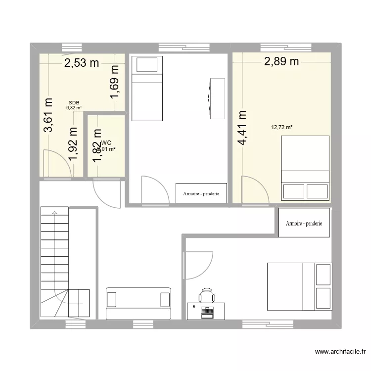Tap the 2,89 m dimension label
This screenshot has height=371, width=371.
(x=281, y=61)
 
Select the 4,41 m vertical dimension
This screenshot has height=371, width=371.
(x=242, y=128)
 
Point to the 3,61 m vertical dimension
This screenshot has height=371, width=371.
(x=48, y=115)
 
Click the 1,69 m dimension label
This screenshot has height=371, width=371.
(x=115, y=82)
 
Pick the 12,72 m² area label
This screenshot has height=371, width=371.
(x=281, y=127)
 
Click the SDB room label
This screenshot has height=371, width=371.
(x=74, y=102)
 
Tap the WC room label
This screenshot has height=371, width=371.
(x=106, y=142)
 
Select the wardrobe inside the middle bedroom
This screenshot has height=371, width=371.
(x=201, y=193)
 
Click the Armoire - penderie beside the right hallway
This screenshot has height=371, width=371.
(x=304, y=223)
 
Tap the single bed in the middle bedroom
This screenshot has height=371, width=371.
(x=147, y=88)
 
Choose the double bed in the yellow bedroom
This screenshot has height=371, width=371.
(x=305, y=168)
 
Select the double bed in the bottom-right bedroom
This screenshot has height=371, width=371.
(x=298, y=286)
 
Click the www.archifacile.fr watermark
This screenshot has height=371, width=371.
(x=340, y=352)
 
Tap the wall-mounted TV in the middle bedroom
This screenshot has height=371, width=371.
(x=216, y=98)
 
